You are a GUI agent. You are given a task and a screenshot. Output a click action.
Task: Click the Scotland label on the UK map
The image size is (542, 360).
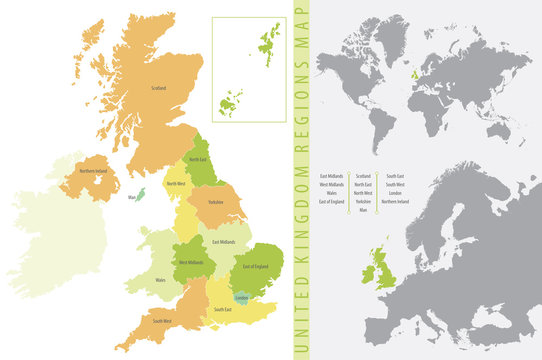(x=159, y=88)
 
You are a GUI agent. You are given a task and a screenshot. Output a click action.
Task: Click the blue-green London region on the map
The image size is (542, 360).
(x=241, y=297)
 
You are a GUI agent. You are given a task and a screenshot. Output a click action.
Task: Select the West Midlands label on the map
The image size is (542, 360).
(x=191, y=263)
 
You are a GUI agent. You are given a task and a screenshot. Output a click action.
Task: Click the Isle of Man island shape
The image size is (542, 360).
(x=140, y=194)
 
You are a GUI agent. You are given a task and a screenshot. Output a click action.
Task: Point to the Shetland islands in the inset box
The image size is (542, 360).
(x=269, y=41)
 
